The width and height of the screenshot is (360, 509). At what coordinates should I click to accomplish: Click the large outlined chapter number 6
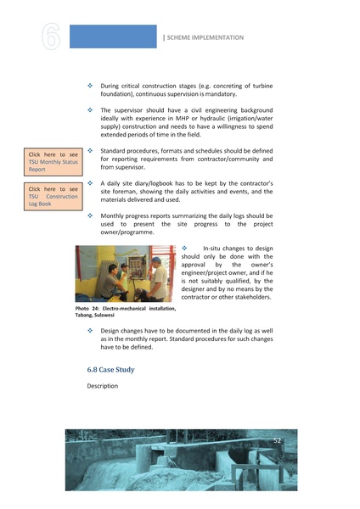coord(48,37)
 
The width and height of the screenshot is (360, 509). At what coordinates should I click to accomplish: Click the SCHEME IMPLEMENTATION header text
coord(205,37)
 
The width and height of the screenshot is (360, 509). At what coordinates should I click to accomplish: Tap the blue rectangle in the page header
coord(112,36)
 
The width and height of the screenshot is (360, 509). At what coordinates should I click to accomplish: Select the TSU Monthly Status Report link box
coord(52,161)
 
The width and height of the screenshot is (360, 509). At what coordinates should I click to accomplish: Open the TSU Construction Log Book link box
coord(52,196)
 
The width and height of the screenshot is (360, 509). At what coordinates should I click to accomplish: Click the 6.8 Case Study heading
coord(110,370)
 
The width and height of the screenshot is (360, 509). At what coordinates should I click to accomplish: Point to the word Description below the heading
coord(102,386)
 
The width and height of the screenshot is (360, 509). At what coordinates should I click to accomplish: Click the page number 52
coord(277,440)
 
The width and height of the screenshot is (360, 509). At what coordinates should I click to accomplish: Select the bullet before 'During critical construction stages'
coord(91,87)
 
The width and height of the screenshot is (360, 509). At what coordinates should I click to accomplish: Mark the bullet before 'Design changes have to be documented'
coord(91,329)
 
